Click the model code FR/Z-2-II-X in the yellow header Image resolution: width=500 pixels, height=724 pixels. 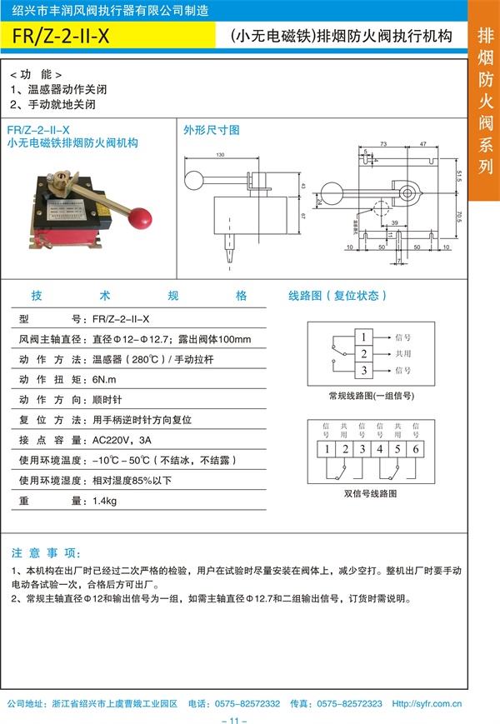tap(62, 36)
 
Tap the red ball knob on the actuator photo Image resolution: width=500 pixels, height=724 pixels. tap(142, 219)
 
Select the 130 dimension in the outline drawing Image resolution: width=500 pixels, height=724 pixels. tap(220, 155)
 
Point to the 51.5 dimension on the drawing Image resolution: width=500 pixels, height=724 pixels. tap(459, 177)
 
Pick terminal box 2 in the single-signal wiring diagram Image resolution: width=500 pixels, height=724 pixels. tap(363, 353)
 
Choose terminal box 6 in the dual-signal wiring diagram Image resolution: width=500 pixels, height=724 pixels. tap(416, 450)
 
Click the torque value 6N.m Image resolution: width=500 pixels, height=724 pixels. tap(105, 379)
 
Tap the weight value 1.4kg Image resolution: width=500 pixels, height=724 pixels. tap(105, 501)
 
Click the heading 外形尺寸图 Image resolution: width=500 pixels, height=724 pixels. tap(212, 130)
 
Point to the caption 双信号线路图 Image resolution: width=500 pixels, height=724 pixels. tap(370, 493)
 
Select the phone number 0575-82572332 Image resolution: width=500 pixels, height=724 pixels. tap(247, 703)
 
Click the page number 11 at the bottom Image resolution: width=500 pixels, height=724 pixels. tap(234, 718)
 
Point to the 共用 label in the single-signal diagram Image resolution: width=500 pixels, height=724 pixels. tap(402, 353)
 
